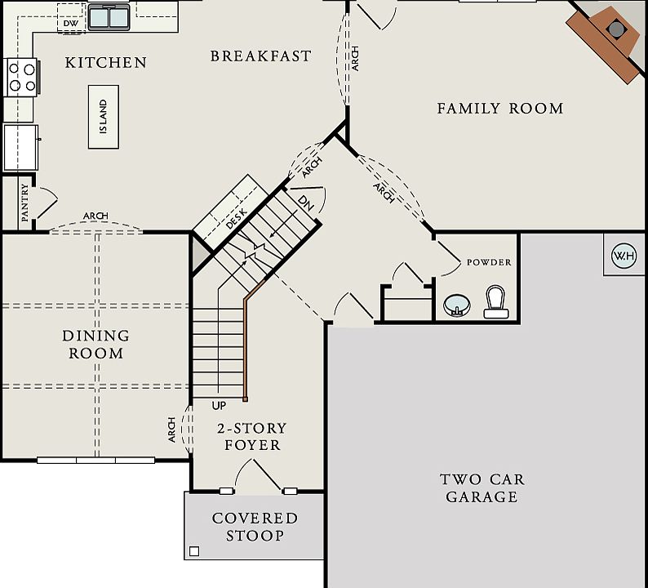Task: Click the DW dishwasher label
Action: [71, 24]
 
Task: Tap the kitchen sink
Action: [109, 18]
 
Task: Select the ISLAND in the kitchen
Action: [104, 117]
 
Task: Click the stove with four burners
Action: [23, 78]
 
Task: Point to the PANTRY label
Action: [24, 203]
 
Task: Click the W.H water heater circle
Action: [624, 256]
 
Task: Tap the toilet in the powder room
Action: [496, 302]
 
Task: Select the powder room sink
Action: [457, 305]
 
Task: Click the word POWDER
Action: [489, 262]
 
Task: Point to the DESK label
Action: [237, 219]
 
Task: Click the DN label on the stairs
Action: [306, 203]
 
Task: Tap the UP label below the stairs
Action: [219, 406]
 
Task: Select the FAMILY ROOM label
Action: [500, 109]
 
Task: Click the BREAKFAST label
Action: [261, 56]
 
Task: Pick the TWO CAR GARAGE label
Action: [482, 488]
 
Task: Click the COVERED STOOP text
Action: [255, 527]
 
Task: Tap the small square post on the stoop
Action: [193, 551]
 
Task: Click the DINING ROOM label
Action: [95, 345]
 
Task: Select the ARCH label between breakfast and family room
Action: [355, 58]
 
